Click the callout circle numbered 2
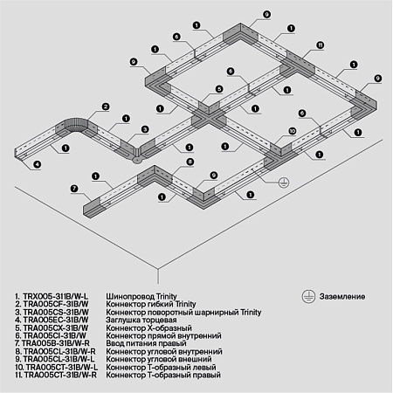point(104,107)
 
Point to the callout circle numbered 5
point(231,71)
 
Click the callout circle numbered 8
point(190,162)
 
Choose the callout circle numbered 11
point(320,45)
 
